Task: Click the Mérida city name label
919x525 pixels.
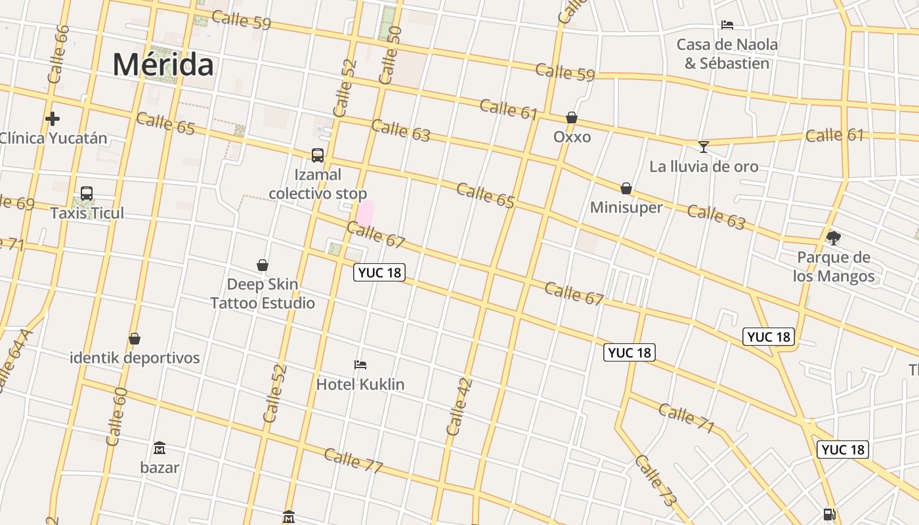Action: [x=163, y=64]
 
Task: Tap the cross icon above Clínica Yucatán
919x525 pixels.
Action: [x=53, y=119]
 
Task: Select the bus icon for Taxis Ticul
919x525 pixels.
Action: [x=87, y=194]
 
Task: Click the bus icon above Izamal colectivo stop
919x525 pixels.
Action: [x=318, y=156]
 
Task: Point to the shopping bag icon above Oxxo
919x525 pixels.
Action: [x=572, y=117]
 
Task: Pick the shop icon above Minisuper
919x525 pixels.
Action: [x=626, y=188]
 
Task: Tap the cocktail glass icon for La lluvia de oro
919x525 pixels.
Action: [x=703, y=146]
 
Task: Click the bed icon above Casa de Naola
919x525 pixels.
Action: [x=727, y=25]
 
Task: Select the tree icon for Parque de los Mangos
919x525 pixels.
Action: [x=834, y=238]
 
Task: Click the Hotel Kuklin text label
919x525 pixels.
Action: [x=360, y=384]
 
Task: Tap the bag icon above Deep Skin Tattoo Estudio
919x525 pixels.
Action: [x=263, y=265]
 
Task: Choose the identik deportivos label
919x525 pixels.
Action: [x=135, y=358]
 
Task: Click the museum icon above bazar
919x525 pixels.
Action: [x=160, y=448]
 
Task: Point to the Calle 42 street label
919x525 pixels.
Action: [x=459, y=407]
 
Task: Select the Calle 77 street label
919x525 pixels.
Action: [x=353, y=460]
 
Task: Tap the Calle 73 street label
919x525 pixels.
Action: [x=655, y=480]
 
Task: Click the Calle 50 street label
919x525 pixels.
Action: [x=390, y=55]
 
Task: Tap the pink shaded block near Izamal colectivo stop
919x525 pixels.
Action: [x=365, y=213]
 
